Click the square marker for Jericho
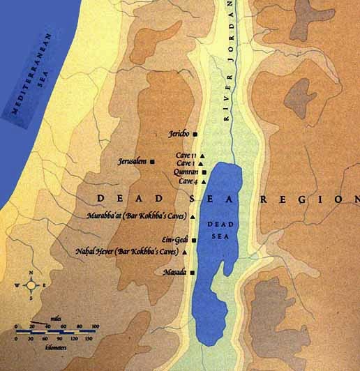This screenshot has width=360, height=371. [x=195, y=133]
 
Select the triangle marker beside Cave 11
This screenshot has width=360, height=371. [x=202, y=155]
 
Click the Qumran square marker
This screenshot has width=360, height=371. [x=204, y=172]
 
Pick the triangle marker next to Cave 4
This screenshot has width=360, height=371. [x=200, y=181]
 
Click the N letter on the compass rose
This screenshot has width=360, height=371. [x=29, y=273]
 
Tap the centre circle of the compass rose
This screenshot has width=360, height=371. [x=29, y=285]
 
